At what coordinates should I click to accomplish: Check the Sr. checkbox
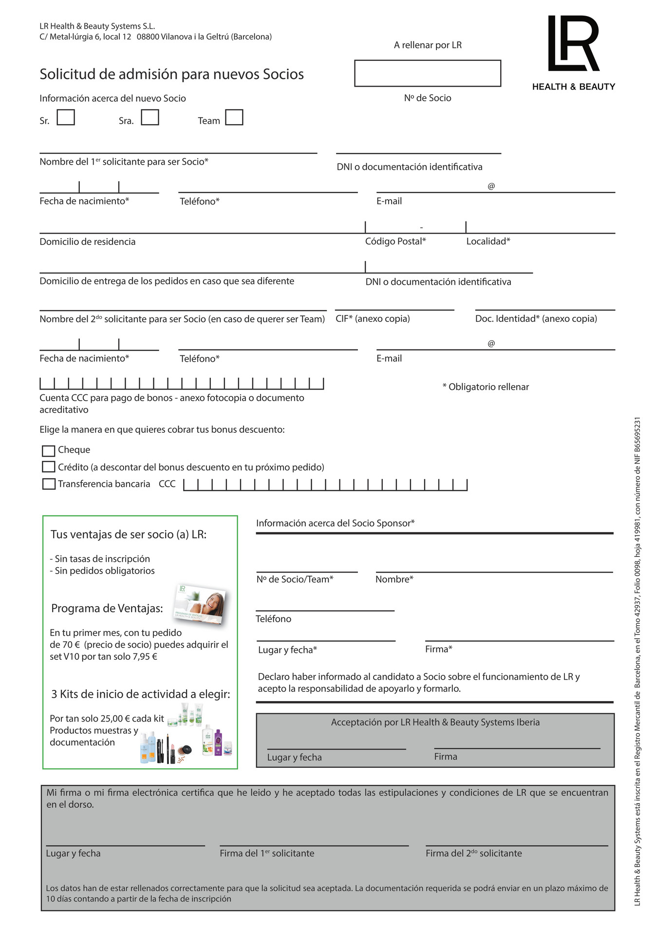(66, 117)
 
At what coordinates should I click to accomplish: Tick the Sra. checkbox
(150, 117)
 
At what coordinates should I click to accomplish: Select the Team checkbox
(234, 117)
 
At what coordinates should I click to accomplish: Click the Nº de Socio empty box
(427, 73)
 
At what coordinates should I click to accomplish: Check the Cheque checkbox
(48, 450)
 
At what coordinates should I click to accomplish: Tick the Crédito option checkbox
(48, 467)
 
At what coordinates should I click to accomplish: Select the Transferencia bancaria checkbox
(48, 484)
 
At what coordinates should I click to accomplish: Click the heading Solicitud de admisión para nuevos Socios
(171, 74)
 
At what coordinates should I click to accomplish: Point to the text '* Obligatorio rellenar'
(485, 387)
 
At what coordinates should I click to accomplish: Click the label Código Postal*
(395, 241)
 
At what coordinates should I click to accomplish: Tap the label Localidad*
(488, 241)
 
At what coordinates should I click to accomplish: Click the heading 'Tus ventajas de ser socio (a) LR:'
(129, 535)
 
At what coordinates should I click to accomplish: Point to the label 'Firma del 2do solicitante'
(473, 853)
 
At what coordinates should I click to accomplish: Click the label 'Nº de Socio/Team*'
(295, 579)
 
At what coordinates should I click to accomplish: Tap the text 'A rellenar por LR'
(428, 45)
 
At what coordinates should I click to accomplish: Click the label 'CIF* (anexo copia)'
(373, 319)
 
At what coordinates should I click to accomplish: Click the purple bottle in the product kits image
(218, 741)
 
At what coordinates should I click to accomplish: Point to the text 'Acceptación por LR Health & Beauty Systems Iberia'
(435, 722)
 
